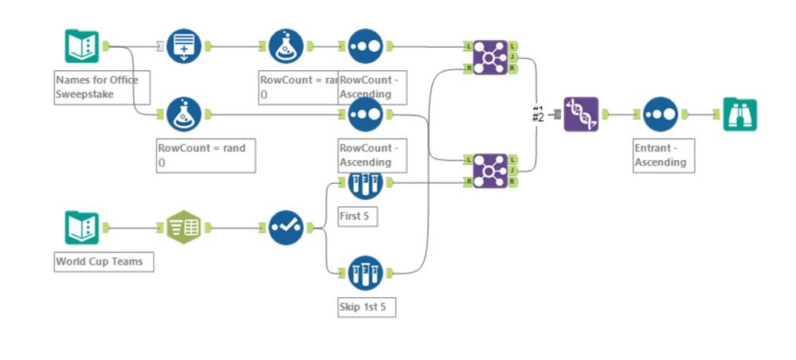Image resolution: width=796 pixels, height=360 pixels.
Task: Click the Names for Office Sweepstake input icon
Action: coord(81,47)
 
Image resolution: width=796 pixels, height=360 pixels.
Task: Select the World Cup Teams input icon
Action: coord(81,229)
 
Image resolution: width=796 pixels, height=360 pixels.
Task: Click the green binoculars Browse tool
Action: coord(739,115)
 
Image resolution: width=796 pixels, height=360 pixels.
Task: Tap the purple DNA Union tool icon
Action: coord(580,115)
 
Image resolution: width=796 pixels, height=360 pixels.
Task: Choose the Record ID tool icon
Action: coord(184,47)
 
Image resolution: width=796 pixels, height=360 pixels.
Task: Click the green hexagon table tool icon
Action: coord(184,229)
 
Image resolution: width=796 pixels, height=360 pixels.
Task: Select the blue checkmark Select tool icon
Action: coord(285,229)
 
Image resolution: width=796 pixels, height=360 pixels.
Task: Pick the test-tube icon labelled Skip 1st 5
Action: coord(365,272)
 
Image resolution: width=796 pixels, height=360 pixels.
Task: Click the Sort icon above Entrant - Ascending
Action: coord(660,115)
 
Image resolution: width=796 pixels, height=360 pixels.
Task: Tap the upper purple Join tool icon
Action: coord(489,58)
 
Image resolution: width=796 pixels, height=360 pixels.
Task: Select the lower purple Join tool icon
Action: coord(489,170)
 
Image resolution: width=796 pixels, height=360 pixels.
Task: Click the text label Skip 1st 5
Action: coord(367,307)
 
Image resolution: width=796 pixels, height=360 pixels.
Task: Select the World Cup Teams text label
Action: coord(103,261)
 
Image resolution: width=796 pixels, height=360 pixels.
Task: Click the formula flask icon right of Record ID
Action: coord(285,47)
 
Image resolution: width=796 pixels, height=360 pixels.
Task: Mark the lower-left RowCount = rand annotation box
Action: coord(206,155)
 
